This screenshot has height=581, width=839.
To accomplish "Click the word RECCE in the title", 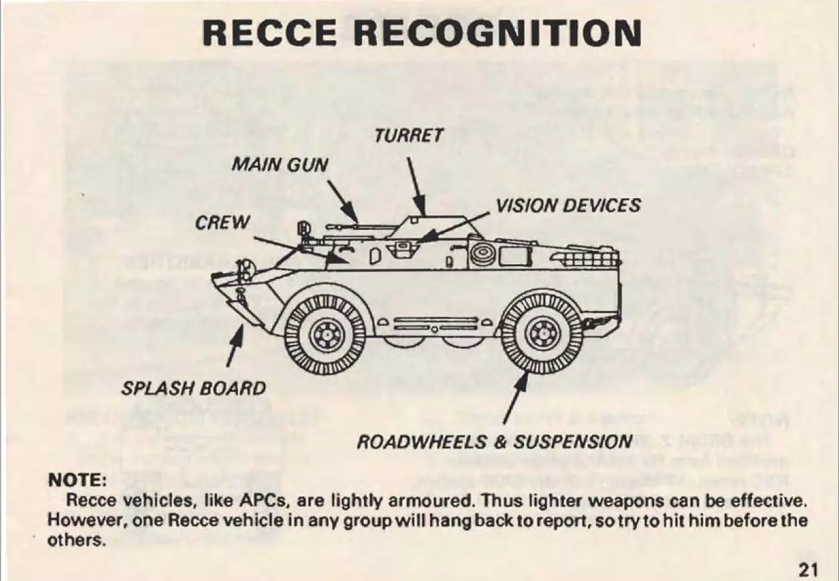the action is click(270, 33).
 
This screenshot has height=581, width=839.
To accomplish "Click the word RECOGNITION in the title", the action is click(498, 33).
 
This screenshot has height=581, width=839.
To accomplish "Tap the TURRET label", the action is click(409, 135).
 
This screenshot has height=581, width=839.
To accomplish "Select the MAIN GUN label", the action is click(280, 164).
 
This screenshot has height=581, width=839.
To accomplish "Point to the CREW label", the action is click(222, 223).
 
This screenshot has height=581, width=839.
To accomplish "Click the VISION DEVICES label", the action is click(568, 205).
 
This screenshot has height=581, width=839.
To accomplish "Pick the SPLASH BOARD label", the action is click(193, 388).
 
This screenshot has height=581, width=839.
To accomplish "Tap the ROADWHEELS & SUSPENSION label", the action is click(495, 442).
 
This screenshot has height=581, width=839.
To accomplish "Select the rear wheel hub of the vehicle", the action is click(542, 334).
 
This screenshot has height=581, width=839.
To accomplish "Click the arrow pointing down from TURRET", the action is click(417, 187).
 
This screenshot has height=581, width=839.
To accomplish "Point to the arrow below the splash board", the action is click(236, 345).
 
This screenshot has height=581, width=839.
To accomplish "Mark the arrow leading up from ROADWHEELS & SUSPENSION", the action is click(516, 397).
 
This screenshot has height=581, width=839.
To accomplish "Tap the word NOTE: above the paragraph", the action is click(78, 480).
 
